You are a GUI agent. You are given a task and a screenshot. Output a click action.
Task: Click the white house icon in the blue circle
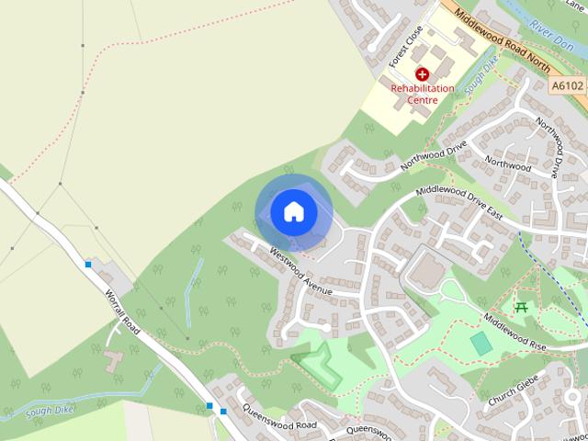(x=293, y=211)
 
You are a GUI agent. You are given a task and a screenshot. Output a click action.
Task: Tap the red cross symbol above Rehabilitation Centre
(x=422, y=74)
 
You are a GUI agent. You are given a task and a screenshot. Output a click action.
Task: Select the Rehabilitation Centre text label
(x=423, y=95)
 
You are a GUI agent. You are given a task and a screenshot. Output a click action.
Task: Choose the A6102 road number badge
(x=568, y=85)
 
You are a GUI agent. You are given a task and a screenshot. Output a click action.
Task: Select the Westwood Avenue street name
(x=300, y=273)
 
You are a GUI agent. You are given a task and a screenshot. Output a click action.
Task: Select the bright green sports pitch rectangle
(x=481, y=344)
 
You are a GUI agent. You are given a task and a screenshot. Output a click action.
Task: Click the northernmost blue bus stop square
(x=88, y=265)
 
